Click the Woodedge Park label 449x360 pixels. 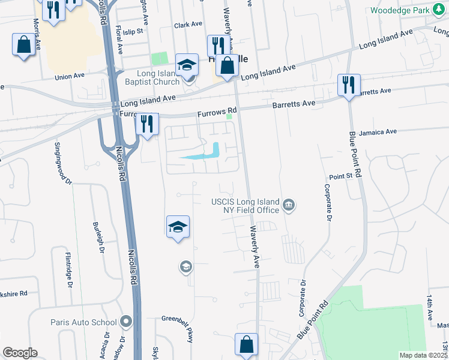click(400, 11)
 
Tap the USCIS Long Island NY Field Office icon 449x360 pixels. click(289, 206)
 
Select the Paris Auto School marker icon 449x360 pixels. click(125, 322)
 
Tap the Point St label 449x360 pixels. click(340, 177)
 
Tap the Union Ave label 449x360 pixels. click(70, 77)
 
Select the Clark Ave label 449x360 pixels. click(188, 25)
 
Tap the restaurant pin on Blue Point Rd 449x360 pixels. click(348, 85)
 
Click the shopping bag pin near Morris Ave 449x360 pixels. click(23, 45)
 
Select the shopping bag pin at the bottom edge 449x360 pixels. click(246, 345)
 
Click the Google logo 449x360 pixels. click(20, 353)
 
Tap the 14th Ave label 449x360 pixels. click(430, 307)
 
